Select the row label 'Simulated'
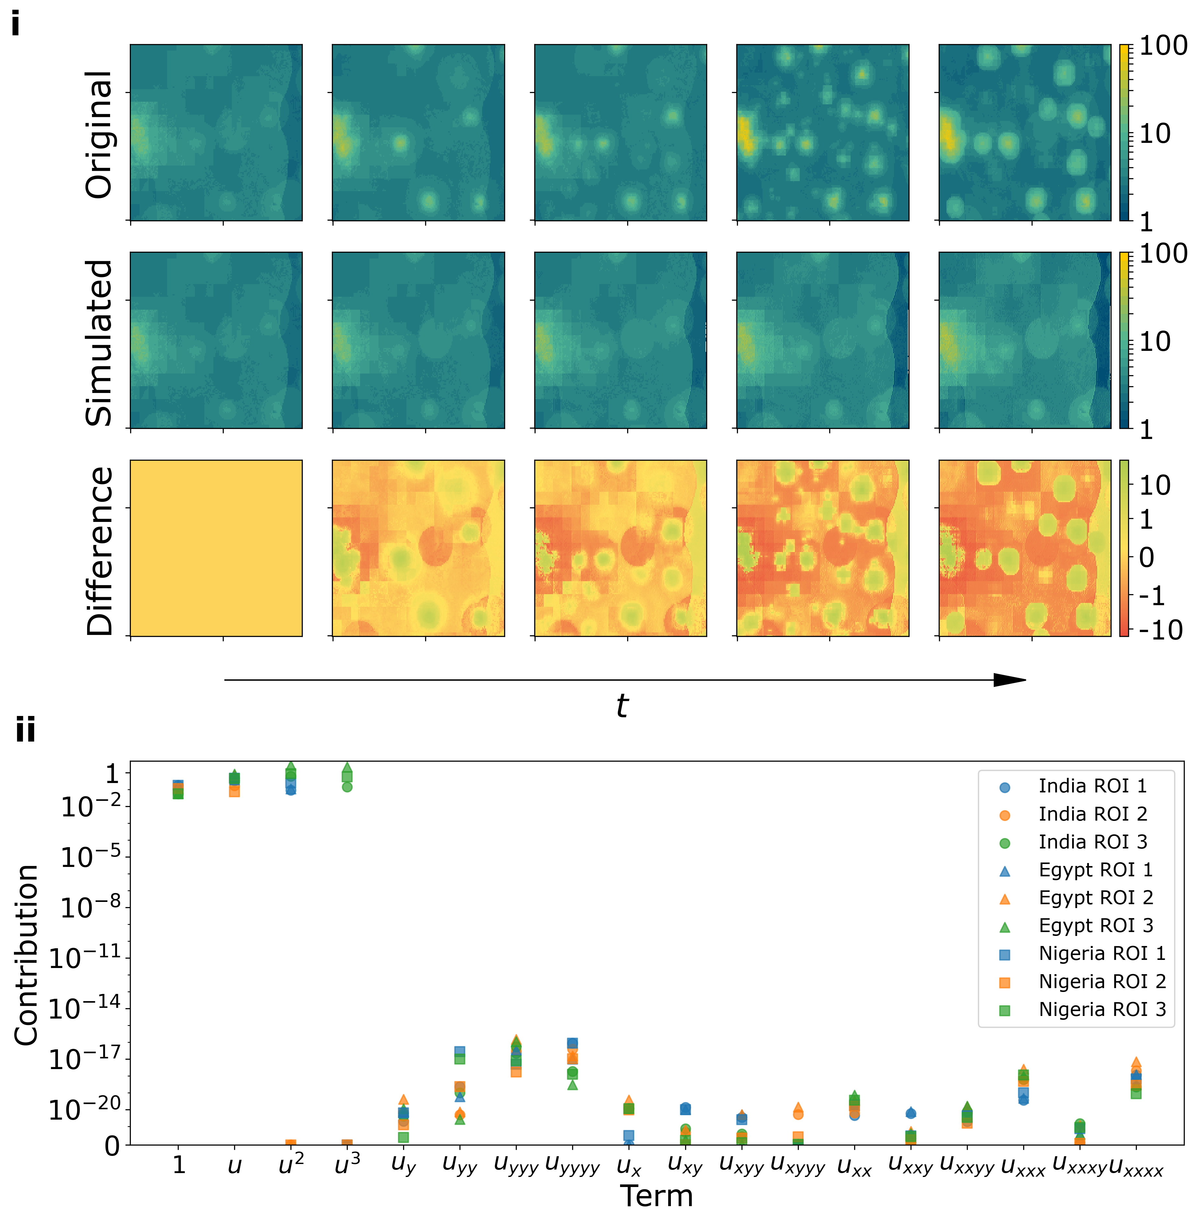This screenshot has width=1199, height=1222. (x=99, y=342)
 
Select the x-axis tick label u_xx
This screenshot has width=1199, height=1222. (x=854, y=1167)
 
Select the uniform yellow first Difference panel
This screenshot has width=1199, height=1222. (x=216, y=548)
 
